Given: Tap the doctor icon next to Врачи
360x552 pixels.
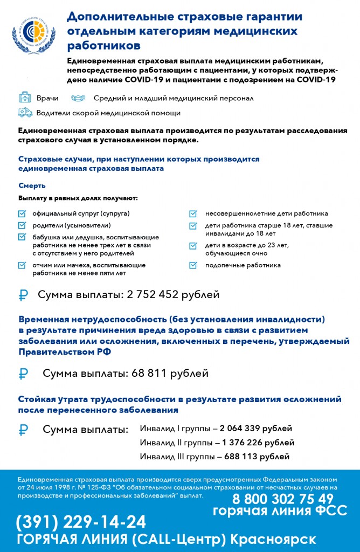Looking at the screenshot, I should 25,98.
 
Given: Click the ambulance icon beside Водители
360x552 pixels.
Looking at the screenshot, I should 25,113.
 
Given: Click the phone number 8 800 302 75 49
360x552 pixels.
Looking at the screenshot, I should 283,499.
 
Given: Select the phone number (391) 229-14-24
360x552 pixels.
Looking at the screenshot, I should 81,522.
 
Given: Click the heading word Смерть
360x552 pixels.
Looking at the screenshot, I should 32,185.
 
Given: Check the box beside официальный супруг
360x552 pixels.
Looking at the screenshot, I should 22,213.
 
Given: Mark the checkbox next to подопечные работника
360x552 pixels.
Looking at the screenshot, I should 193,265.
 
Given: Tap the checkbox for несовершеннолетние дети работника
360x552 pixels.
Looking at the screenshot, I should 193,213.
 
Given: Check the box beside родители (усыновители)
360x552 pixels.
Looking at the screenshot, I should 22,225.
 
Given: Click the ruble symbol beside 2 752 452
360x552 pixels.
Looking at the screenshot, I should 23,295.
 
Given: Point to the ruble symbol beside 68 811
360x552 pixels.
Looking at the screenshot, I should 23,374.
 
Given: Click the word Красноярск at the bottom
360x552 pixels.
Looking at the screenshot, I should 273,540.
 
